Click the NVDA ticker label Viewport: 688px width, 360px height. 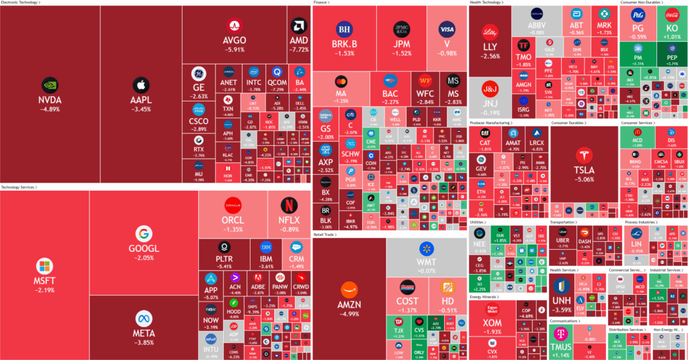(50, 99)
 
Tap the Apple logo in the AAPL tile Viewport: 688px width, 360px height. (141, 85)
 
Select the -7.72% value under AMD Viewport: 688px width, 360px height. (298, 50)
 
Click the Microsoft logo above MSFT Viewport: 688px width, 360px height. (44, 265)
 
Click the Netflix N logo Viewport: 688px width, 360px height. (288, 205)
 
